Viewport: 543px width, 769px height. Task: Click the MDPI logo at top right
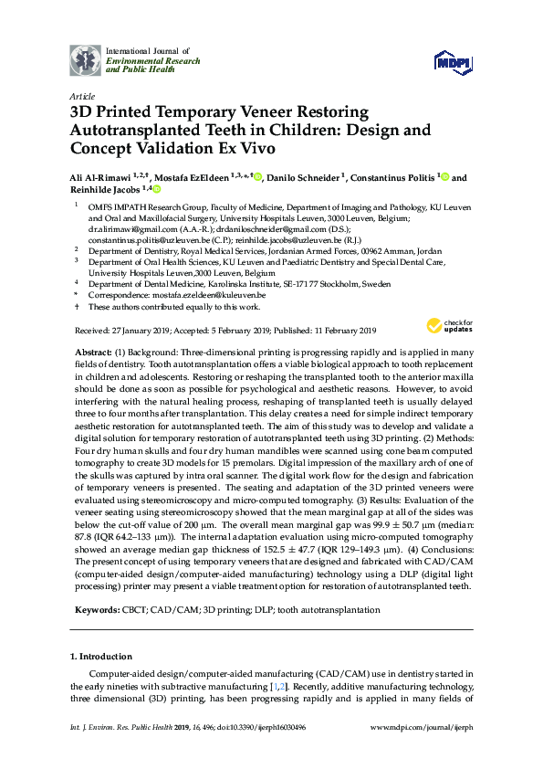(x=454, y=60)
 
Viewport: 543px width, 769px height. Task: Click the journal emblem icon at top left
(x=87, y=61)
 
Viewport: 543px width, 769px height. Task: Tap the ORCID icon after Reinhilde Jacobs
(x=156, y=190)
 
